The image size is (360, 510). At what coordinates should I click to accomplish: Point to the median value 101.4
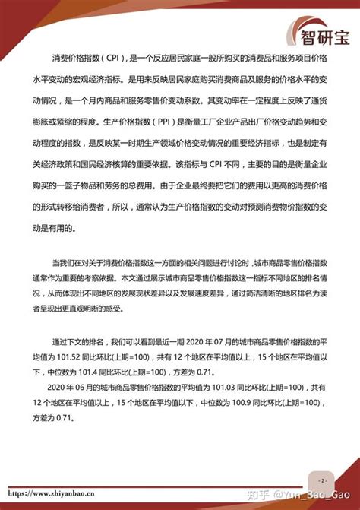(x=96, y=374)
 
